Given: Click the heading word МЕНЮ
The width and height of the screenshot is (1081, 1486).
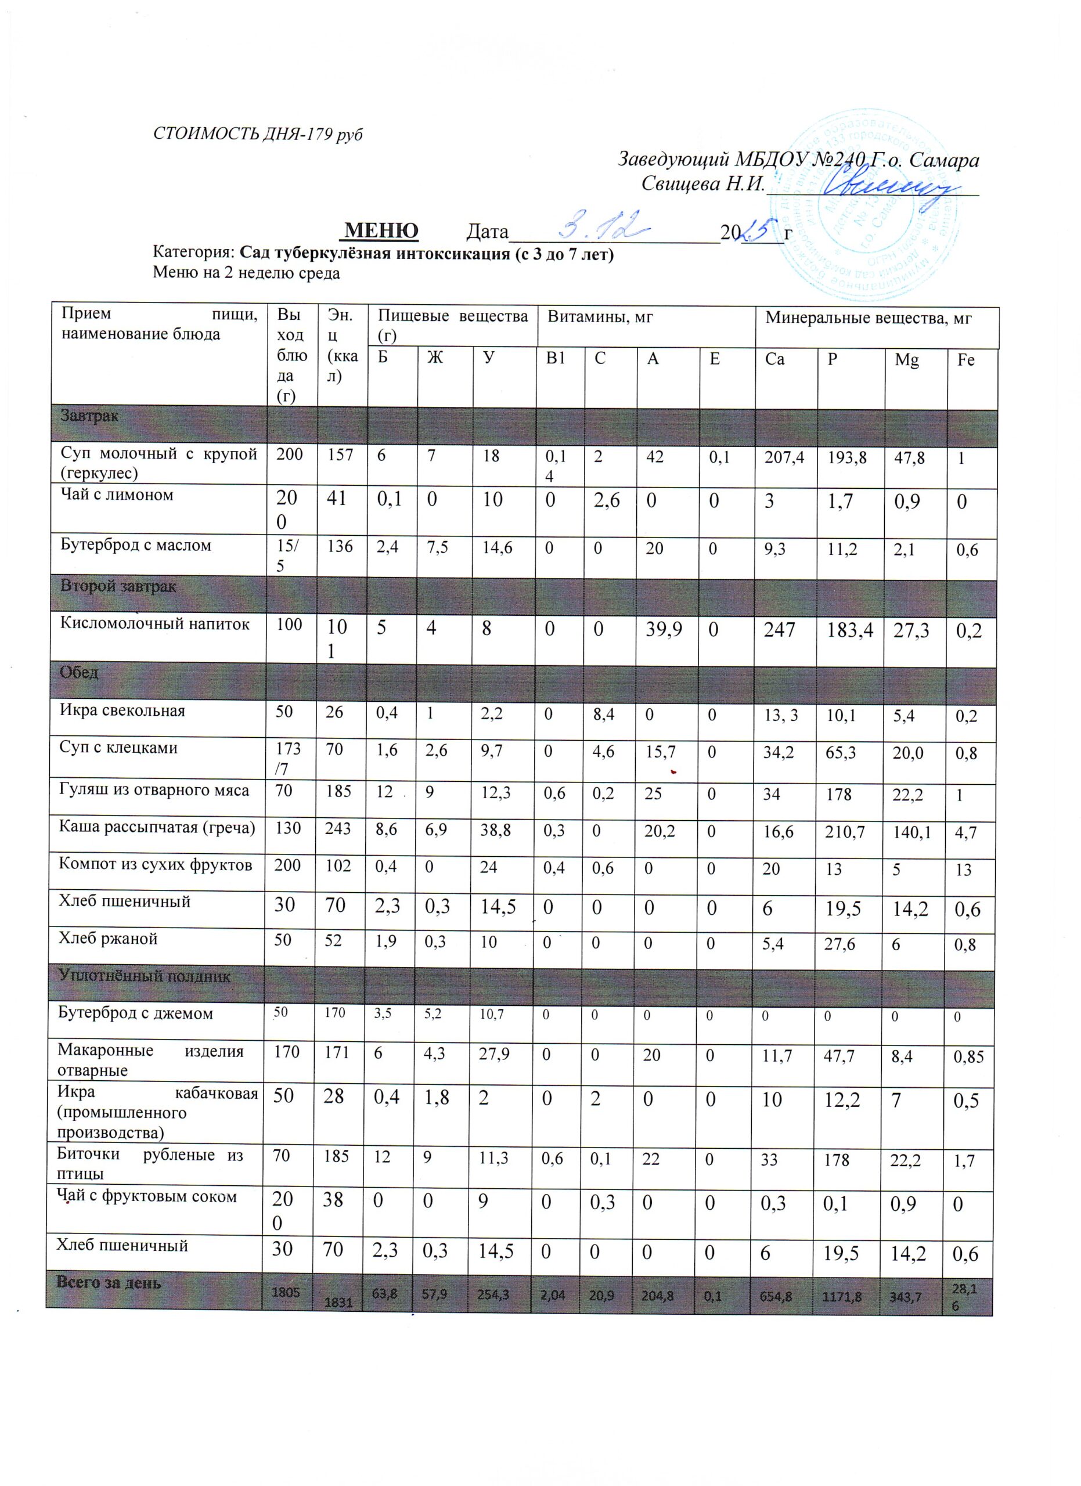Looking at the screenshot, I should pyautogui.click(x=381, y=230).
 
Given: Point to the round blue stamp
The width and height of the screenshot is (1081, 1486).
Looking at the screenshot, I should pyautogui.click(x=871, y=203).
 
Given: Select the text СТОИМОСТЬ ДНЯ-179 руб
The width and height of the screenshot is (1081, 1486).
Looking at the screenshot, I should pyautogui.click(x=257, y=134).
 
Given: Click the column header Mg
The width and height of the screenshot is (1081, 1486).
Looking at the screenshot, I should pyautogui.click(x=907, y=360).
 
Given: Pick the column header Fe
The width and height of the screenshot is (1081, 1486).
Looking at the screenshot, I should pyautogui.click(x=965, y=360).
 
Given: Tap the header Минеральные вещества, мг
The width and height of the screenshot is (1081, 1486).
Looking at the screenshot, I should pyautogui.click(x=868, y=319).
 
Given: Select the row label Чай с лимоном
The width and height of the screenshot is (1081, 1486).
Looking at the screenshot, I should pyautogui.click(x=117, y=495).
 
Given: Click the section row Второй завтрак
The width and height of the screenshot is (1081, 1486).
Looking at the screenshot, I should pyautogui.click(x=118, y=586).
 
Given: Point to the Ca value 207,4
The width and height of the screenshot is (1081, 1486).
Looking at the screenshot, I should pyautogui.click(x=784, y=457).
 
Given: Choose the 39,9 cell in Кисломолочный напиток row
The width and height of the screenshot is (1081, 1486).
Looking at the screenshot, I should pyautogui.click(x=663, y=630).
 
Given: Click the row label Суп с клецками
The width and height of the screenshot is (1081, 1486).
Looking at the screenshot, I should pyautogui.click(x=118, y=748).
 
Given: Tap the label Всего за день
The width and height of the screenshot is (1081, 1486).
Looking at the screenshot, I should pyautogui.click(x=108, y=1282).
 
